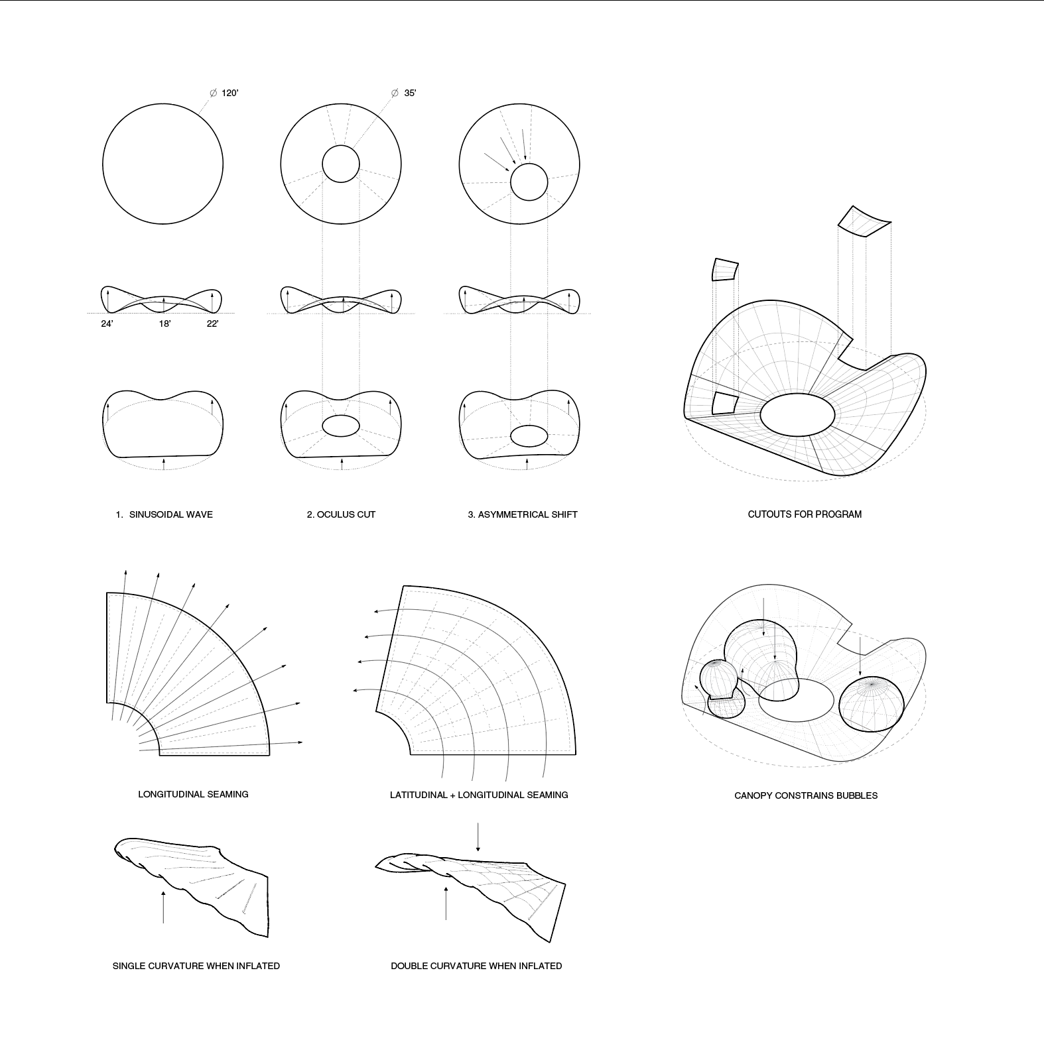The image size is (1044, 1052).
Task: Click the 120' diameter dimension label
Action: point(229,93)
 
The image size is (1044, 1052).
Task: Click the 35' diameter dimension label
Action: point(410,93)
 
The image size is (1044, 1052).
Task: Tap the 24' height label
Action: point(107,324)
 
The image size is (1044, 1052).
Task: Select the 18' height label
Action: point(164,324)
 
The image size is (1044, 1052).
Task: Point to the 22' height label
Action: point(212,324)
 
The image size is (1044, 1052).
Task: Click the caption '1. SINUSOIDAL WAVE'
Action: point(164,514)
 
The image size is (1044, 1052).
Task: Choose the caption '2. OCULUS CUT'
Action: point(341,514)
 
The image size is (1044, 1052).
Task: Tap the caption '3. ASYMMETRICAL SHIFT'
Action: point(523,514)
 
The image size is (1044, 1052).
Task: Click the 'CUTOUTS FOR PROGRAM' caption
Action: point(805,514)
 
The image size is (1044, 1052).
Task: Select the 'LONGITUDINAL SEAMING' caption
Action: point(193,794)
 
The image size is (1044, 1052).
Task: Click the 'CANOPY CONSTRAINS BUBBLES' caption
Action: point(805,795)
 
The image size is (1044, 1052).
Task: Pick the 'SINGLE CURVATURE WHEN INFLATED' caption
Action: point(196,966)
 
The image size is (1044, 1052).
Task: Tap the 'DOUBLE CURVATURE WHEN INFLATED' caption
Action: point(476,966)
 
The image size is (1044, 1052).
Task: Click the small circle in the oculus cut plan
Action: point(341,164)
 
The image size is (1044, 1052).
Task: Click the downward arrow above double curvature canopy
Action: point(478,837)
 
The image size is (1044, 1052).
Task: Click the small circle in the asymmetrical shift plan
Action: point(529,182)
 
